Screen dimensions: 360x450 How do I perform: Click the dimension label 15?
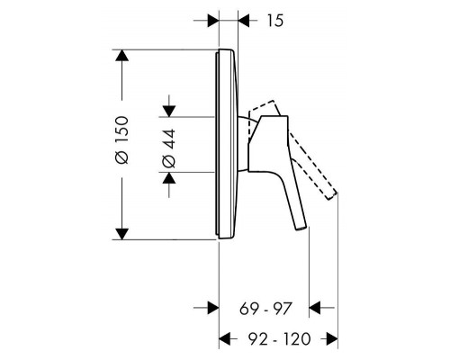click(x=274, y=20)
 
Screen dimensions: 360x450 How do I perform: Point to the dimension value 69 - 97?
click(x=265, y=311)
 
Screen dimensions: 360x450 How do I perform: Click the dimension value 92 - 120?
click(x=279, y=341)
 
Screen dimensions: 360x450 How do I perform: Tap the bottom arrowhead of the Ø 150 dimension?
click(x=122, y=231)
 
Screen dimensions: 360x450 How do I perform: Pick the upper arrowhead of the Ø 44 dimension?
click(x=167, y=110)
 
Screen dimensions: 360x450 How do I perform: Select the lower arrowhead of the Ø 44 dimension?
click(x=167, y=176)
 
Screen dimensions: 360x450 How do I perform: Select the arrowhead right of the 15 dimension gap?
click(x=245, y=19)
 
